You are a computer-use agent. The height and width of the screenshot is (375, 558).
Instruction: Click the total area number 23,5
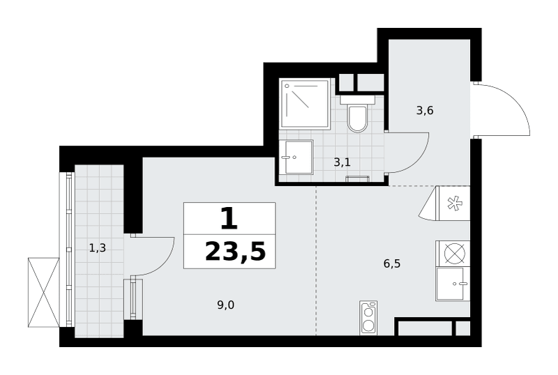[x=235, y=252]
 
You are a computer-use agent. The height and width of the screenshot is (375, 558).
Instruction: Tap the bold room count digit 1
[x=229, y=218]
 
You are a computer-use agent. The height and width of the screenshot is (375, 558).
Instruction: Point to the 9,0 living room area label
[x=226, y=305]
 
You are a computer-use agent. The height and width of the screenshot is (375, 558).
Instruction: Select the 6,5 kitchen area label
[x=392, y=263]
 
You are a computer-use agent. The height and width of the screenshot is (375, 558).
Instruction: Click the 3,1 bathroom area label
[x=342, y=162]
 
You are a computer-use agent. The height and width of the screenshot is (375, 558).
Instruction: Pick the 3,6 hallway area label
[x=425, y=111]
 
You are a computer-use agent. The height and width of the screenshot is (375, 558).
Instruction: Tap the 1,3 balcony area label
[x=97, y=248]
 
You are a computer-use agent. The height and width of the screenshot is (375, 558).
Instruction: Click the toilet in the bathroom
[x=357, y=113]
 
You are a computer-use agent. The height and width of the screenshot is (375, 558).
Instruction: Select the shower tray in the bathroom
[x=305, y=104]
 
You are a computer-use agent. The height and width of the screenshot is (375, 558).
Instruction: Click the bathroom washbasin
[x=296, y=157]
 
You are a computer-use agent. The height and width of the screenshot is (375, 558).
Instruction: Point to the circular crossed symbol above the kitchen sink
[x=455, y=254]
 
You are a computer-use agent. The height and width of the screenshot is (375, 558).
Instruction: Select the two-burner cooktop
[x=368, y=318]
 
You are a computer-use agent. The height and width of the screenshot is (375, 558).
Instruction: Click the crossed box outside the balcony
[x=43, y=292]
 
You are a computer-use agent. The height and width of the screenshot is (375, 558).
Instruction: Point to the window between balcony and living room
[x=133, y=299]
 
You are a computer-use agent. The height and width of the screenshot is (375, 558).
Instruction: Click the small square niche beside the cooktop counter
[x=463, y=328]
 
